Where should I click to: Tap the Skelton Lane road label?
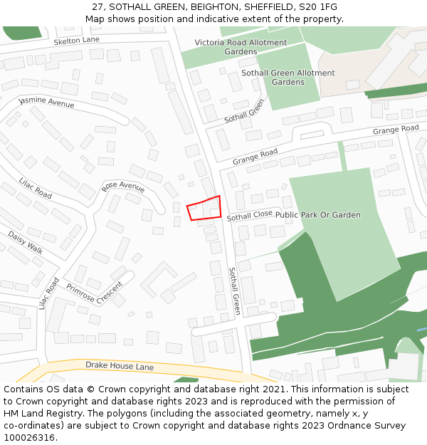point(76,41)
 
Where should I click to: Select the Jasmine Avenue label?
point(47,103)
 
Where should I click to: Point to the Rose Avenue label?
point(123,187)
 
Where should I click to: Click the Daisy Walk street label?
point(26,243)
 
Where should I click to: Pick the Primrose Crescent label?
point(94,293)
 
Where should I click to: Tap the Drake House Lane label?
point(120,366)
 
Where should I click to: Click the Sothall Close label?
point(249,215)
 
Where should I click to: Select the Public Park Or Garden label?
point(318,215)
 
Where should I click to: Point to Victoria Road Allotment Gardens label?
point(241,47)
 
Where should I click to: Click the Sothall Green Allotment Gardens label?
point(288,78)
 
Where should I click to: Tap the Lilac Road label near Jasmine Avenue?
point(36,188)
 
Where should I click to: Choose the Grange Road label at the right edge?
point(396,130)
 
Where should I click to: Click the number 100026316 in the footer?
point(30,438)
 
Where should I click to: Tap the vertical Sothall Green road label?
point(235,291)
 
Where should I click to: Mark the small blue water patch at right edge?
point(421,330)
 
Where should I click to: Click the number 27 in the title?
point(97,7)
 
